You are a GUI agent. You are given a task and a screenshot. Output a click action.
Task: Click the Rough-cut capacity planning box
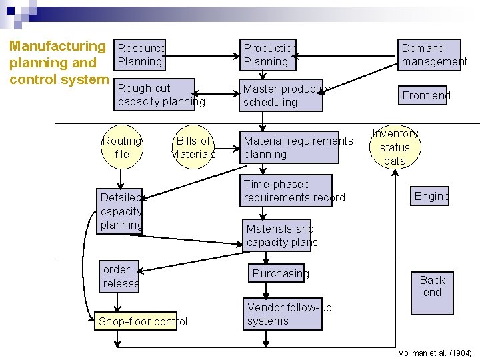click(155, 95)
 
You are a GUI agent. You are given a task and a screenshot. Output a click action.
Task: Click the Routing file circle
click(121, 147)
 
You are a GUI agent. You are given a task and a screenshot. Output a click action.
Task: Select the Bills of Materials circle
click(193, 147)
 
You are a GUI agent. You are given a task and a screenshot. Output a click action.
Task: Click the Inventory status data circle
click(395, 147)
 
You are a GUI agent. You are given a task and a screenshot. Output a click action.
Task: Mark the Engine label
click(430, 195)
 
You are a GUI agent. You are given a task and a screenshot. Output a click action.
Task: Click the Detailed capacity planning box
click(120, 211)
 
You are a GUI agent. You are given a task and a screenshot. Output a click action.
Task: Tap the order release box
click(120, 277)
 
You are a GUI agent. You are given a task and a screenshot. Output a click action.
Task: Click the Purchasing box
click(280, 273)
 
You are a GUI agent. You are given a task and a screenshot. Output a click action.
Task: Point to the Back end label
click(432, 286)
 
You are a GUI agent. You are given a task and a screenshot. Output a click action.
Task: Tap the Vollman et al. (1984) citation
click(434, 353)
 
